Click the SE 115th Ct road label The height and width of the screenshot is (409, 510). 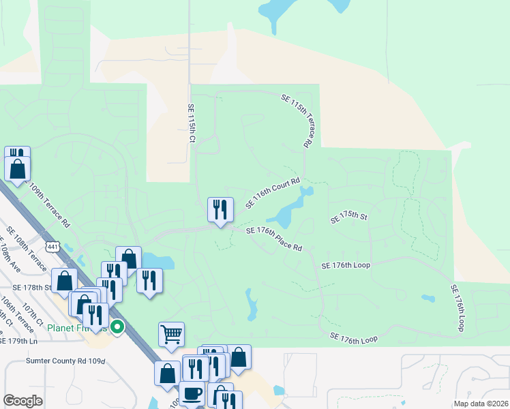pos(192,123)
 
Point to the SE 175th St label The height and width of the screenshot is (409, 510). pos(348,218)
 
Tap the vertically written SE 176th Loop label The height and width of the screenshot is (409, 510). pos(457,308)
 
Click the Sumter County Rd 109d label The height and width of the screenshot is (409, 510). pos(65,361)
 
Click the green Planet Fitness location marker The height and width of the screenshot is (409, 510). pos(117,328)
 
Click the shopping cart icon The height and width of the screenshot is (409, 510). pos(171,334)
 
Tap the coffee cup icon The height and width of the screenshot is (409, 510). pos(191,394)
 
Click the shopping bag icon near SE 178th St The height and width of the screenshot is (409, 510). pos(64,279)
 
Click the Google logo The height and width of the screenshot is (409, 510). pos(22,401)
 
